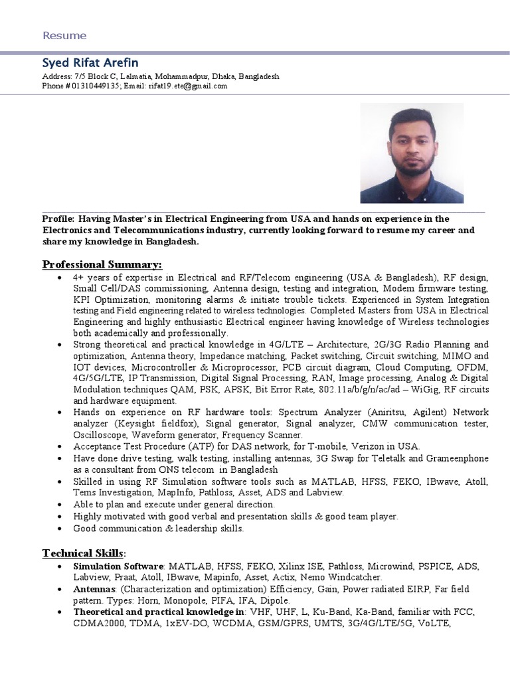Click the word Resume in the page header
(x=64, y=35)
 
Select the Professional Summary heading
(x=102, y=264)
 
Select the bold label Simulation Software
(x=118, y=566)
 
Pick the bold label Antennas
(x=94, y=588)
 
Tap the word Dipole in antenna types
(x=274, y=600)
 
